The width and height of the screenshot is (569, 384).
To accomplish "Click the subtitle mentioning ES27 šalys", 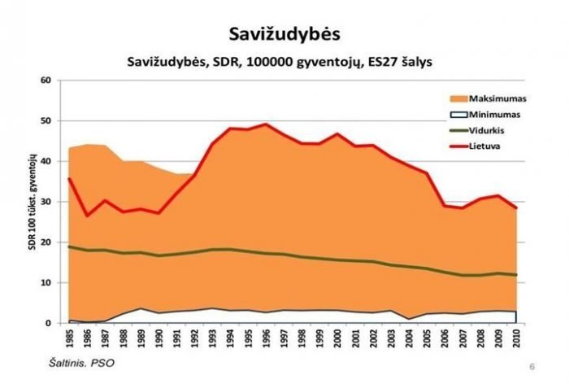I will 284,62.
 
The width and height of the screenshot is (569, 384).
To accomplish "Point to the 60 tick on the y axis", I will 46,81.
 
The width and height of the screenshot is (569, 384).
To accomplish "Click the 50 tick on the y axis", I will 46,121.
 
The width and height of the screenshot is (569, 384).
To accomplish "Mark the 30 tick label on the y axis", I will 46,202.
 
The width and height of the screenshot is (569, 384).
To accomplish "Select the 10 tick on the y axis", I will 46,283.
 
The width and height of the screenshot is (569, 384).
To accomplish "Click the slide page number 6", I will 532,365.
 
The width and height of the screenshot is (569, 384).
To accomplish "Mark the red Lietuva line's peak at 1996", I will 266,124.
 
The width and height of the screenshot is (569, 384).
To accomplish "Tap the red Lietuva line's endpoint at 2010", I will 515,208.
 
